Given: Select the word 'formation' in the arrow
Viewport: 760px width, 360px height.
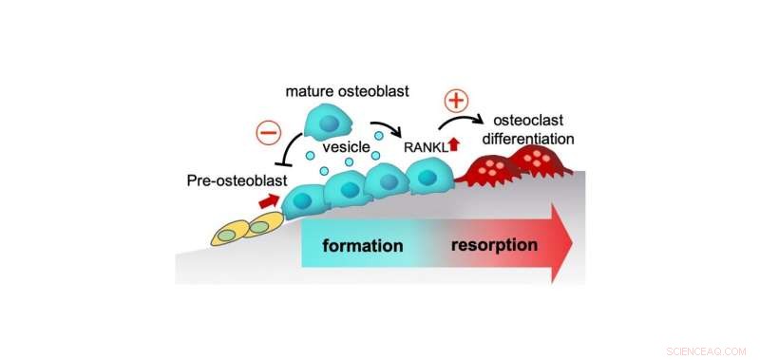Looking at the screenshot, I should click(x=363, y=246).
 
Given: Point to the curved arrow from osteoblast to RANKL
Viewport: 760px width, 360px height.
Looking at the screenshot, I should click(x=385, y=129).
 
